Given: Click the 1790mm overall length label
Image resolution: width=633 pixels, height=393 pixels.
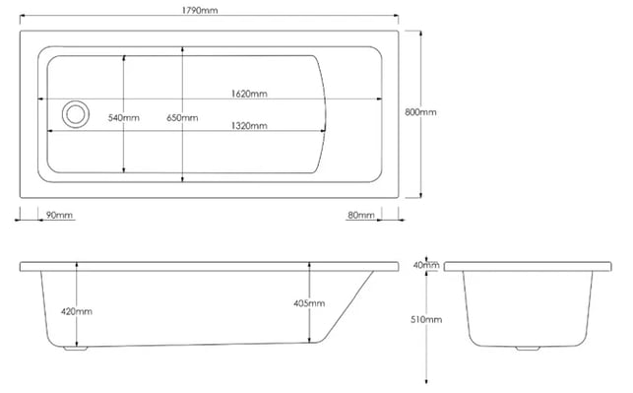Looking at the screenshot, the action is click(x=200, y=10).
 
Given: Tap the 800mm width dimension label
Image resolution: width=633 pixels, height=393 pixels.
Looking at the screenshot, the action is click(x=420, y=112).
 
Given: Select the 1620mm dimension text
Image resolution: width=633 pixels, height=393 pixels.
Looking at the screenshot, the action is click(x=249, y=94).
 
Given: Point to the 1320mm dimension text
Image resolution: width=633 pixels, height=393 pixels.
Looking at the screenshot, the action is click(x=249, y=126).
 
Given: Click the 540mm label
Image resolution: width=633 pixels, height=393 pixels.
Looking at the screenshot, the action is click(x=123, y=118).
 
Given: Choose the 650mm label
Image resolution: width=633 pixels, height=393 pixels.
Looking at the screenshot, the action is click(x=182, y=118).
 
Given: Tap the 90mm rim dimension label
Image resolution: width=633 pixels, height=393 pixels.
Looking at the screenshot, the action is click(x=59, y=215).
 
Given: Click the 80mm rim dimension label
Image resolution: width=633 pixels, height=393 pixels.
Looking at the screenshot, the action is click(x=361, y=215).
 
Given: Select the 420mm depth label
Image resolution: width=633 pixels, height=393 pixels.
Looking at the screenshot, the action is click(x=77, y=311).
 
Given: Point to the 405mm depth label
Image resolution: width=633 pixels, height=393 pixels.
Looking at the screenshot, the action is click(x=309, y=303).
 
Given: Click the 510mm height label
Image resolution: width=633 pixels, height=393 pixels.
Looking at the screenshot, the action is click(x=426, y=319).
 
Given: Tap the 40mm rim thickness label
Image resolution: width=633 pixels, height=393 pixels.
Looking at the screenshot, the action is click(x=426, y=265).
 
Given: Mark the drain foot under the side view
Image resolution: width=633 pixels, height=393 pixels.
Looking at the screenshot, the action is click(x=76, y=348).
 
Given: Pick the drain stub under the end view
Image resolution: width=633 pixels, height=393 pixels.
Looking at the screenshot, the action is click(x=528, y=348).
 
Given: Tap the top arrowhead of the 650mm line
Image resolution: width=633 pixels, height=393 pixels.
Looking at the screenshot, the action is click(x=182, y=49).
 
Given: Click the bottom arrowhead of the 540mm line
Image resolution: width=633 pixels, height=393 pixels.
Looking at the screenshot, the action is click(x=123, y=169).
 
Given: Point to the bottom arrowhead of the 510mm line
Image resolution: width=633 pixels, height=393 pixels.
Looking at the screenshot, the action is click(x=426, y=380).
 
